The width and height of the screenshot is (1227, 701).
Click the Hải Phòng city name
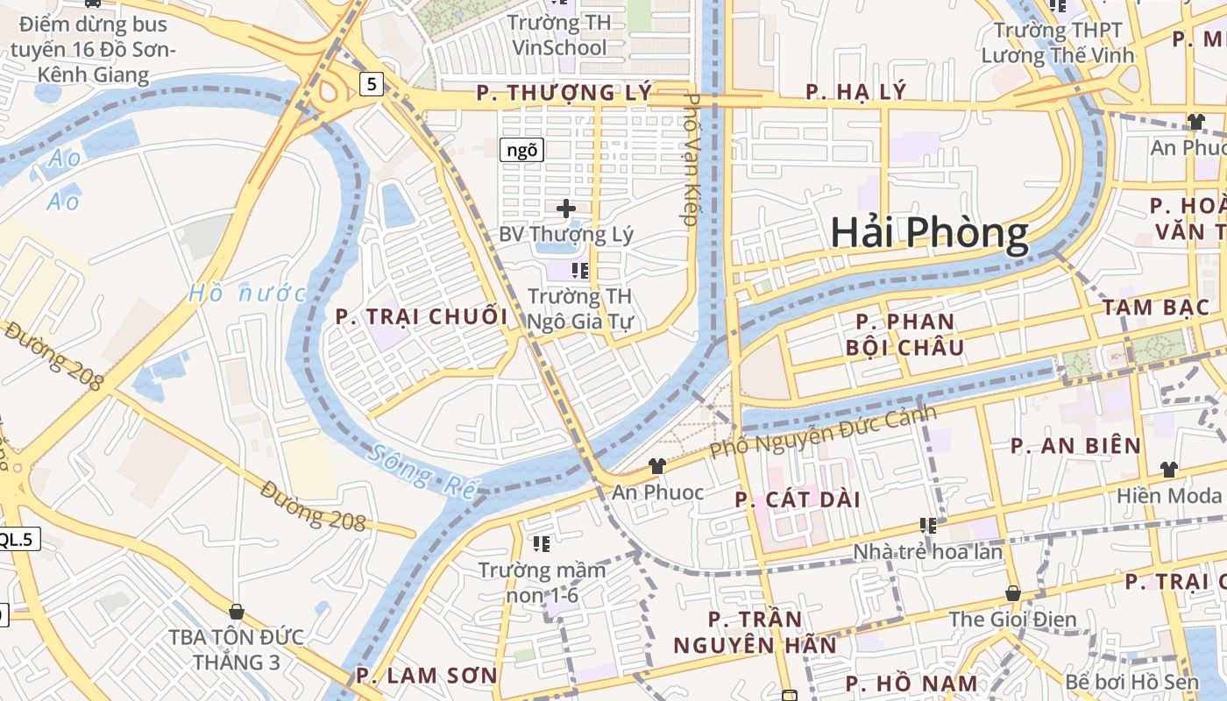coord(929,233)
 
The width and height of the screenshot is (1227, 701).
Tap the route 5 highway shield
coord(372,84)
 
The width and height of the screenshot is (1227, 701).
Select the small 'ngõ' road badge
coord(521,150)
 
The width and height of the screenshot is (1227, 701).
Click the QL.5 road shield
coord(16,539)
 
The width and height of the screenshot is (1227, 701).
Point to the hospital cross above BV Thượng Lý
coord(566,209)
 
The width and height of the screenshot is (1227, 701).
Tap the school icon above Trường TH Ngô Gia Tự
coord(579,270)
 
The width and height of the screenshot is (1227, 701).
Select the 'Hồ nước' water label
coord(247,294)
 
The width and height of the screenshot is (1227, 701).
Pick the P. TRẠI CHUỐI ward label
coord(422,317)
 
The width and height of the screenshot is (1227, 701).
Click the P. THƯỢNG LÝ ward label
coord(564,93)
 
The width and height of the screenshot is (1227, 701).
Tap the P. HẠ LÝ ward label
coord(855,92)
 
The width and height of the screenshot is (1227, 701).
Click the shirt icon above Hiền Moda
coord(1168,470)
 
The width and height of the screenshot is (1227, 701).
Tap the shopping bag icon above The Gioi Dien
coord(1013,593)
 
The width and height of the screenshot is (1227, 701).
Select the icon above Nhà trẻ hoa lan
coord(928,526)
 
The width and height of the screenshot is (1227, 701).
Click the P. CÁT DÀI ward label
coord(798,500)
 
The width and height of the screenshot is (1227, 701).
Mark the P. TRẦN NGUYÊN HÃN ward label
coord(755,633)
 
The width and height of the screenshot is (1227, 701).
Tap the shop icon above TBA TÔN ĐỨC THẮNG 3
coord(236,611)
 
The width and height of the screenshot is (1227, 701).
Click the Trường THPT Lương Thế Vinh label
coord(1057,43)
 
